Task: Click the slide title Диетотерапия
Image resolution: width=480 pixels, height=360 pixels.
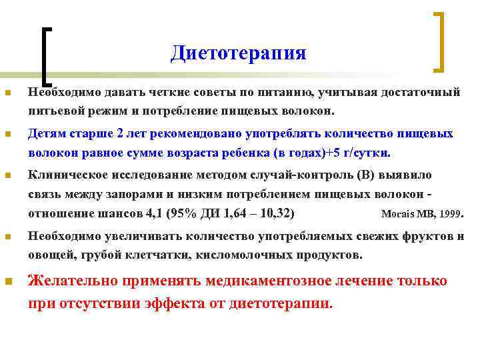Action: [238, 53]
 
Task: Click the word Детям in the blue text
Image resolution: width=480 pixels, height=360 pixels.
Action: [46, 133]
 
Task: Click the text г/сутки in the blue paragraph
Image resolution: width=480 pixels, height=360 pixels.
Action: [365, 152]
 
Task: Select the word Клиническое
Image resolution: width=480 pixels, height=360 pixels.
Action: [67, 175]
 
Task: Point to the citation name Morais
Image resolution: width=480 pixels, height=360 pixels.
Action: [396, 215]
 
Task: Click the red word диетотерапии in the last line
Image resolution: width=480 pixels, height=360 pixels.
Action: [279, 303]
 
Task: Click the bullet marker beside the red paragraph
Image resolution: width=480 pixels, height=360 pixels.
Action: [7, 282]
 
